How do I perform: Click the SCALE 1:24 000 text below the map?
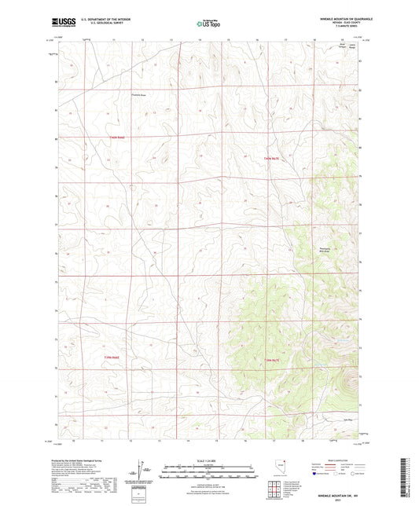pos(209,460)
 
